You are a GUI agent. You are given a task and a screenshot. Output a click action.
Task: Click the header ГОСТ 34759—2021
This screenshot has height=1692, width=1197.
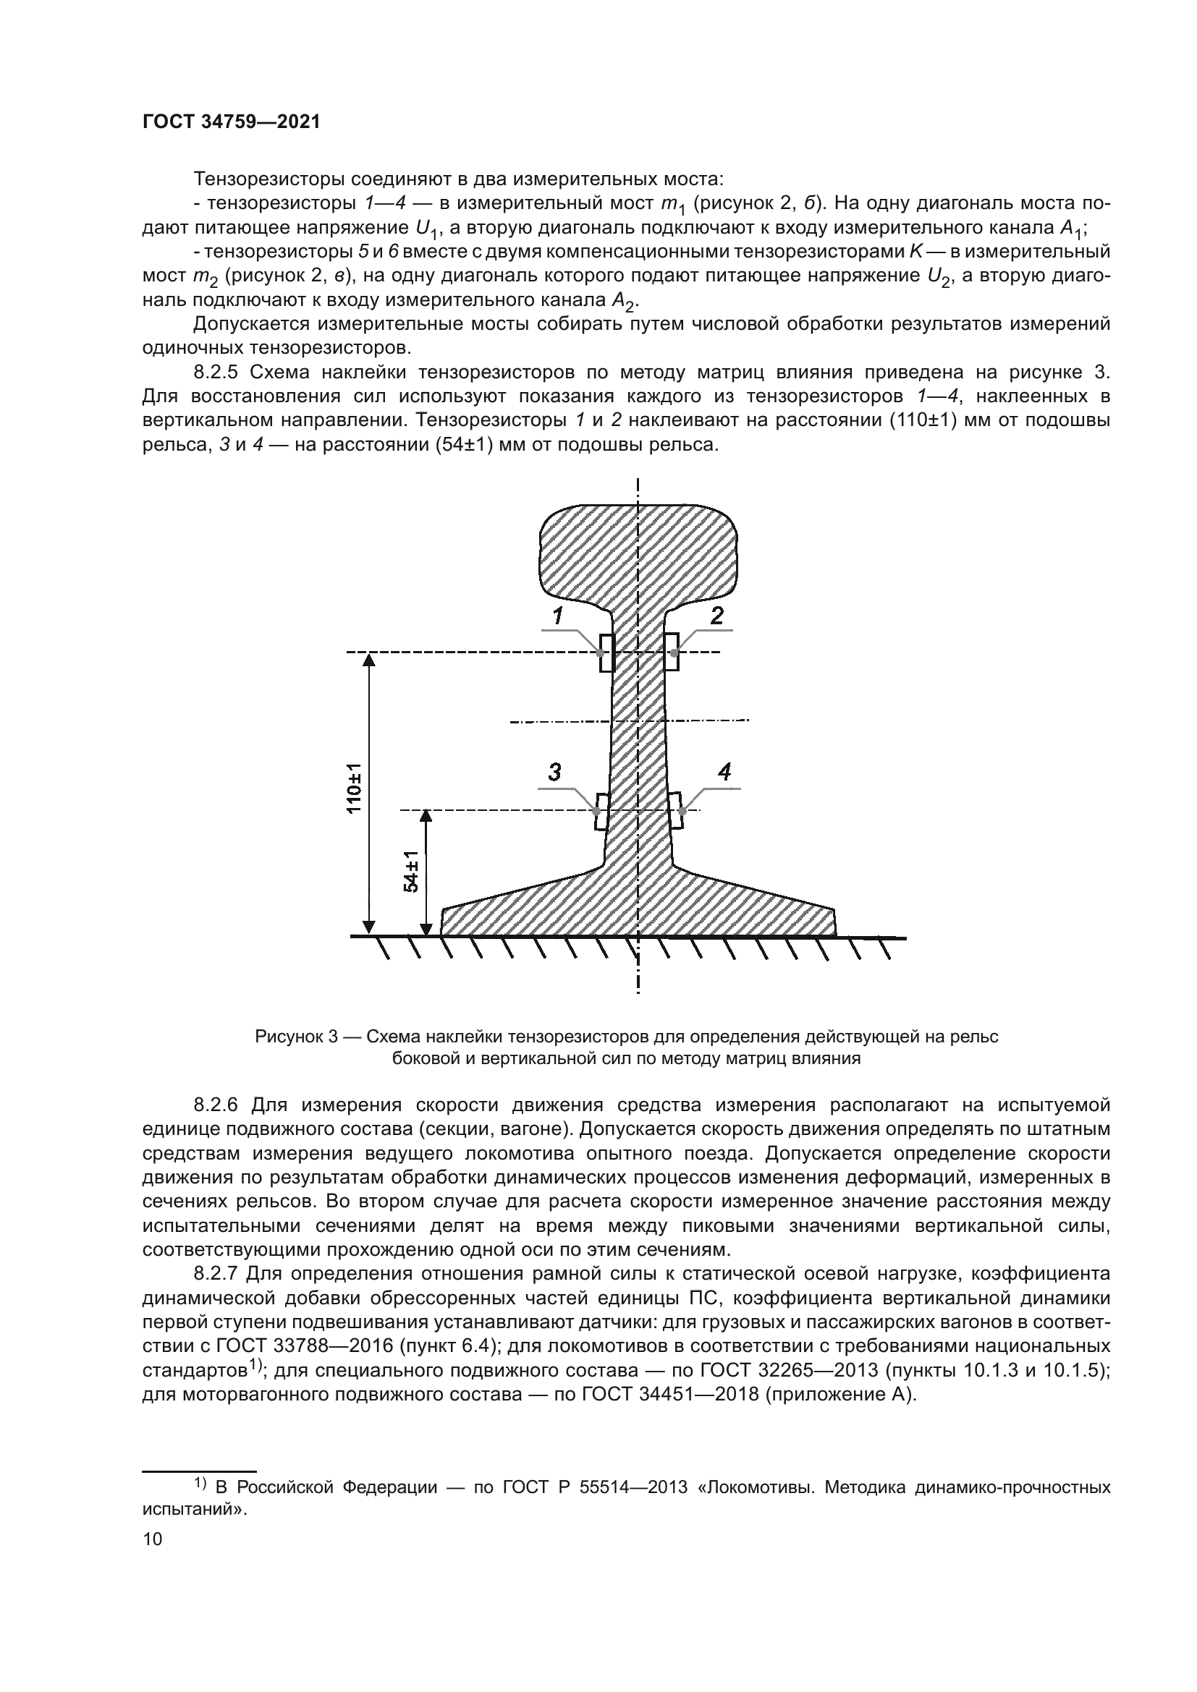coord(232,122)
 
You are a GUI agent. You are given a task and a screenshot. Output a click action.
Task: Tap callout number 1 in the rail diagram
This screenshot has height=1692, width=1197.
coord(558,615)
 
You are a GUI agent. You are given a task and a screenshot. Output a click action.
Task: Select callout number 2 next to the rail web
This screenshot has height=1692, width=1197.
coord(716,615)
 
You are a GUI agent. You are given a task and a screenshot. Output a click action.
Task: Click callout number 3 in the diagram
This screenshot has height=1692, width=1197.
coord(554,773)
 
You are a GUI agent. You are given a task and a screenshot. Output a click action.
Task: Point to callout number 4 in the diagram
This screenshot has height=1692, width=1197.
coord(724,773)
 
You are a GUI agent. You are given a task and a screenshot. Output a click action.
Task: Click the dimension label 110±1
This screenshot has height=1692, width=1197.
coord(355,788)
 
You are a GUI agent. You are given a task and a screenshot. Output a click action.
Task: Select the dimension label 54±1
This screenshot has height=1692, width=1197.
coord(412,871)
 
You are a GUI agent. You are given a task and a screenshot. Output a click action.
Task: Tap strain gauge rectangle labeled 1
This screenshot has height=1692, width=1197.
coord(606,653)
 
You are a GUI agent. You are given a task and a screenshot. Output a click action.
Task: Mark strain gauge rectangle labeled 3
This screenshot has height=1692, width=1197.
coord(601,812)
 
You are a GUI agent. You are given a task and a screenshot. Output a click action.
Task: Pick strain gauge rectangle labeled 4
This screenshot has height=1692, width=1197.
coord(676,811)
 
